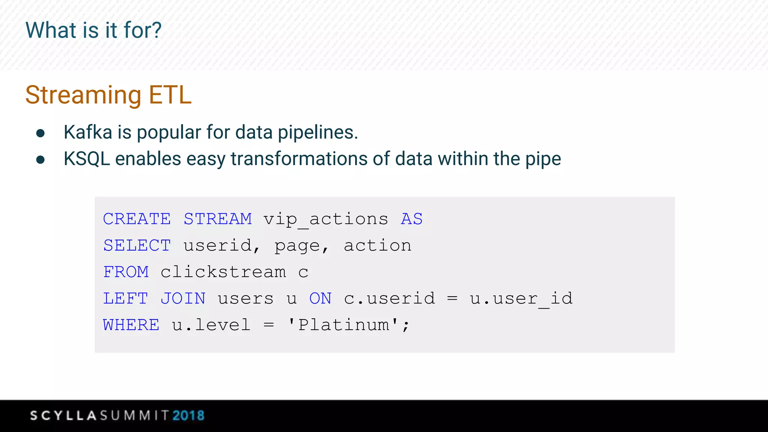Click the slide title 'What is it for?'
(x=93, y=30)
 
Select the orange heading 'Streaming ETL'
(x=108, y=95)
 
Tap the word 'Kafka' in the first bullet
(x=88, y=132)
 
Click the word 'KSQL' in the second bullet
(x=87, y=159)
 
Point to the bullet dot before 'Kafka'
(x=40, y=133)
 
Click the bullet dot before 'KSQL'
(x=40, y=160)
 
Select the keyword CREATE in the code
(x=137, y=219)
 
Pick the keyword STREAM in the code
(x=217, y=219)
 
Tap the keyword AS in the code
(x=412, y=219)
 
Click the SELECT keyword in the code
(x=137, y=246)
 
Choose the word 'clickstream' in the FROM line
(x=223, y=272)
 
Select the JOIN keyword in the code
(x=183, y=298)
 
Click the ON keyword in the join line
(x=320, y=298)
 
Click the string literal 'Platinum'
(x=343, y=325)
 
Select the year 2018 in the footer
(x=189, y=415)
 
